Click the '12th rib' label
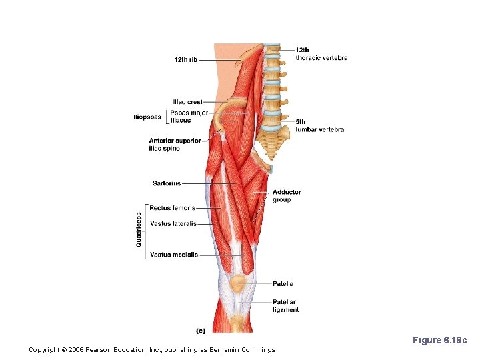click(185, 60)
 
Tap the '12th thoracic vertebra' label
click(321, 54)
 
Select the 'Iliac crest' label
click(187, 102)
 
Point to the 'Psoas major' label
click(189, 113)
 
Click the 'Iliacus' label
click(181, 121)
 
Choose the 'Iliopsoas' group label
click(147, 117)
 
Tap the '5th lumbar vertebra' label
click(320, 126)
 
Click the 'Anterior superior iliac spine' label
click(175, 145)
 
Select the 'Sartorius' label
click(167, 183)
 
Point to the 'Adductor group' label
click(287, 196)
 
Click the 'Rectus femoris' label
click(172, 208)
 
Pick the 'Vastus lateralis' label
click(173, 224)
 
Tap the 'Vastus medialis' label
click(173, 255)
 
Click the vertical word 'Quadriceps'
click(139, 230)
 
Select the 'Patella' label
click(283, 284)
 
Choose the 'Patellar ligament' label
click(285, 306)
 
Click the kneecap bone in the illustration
click(237, 285)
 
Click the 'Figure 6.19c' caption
click(440, 341)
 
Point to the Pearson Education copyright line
click(152, 350)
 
